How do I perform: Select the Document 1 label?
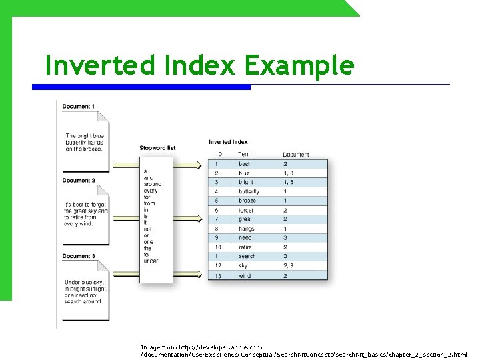tap(79, 107)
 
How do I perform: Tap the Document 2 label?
tap(79, 181)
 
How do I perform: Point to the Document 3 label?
tap(79, 256)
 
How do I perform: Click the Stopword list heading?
tap(157, 148)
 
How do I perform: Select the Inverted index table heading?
tap(228, 142)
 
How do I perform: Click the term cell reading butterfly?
tap(249, 191)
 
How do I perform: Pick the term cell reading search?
tap(247, 256)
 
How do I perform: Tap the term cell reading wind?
tap(245, 275)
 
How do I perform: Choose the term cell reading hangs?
tap(246, 229)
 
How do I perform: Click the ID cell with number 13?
tap(217, 275)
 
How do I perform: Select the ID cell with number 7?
tap(217, 219)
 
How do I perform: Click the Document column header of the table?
tap(296, 155)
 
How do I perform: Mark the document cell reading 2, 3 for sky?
tap(288, 265)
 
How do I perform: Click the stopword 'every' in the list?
tap(150, 191)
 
